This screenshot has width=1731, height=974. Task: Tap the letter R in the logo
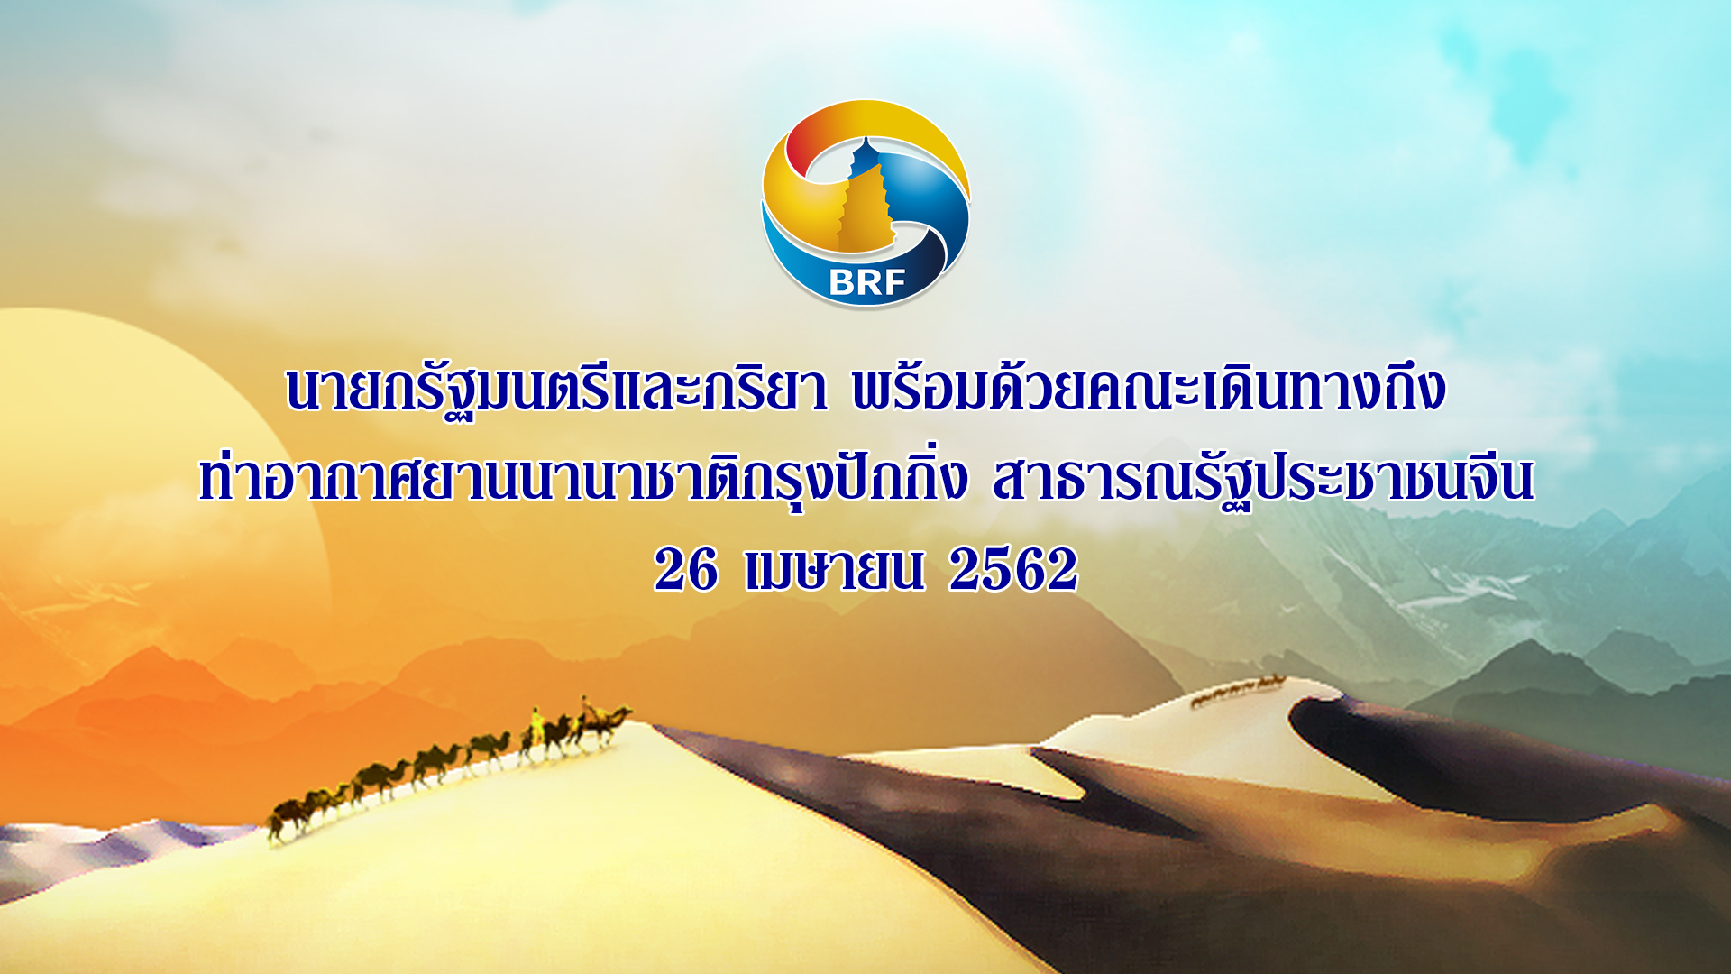[867, 283]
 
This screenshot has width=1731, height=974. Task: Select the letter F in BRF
[893, 283]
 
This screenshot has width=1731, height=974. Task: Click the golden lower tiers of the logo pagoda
[865, 213]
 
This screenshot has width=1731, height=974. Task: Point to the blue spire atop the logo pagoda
[865, 153]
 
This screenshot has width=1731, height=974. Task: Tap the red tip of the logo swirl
[797, 144]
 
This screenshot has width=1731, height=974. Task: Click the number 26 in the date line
[686, 570]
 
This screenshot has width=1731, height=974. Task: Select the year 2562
[1013, 570]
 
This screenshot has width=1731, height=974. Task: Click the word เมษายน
[835, 570]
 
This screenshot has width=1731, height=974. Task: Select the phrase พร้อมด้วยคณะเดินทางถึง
[1149, 388]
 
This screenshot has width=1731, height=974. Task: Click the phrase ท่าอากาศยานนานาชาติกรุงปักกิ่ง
[583, 478]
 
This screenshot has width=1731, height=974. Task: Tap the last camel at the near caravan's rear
[287, 817]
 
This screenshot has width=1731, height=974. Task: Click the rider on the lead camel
[587, 709]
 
